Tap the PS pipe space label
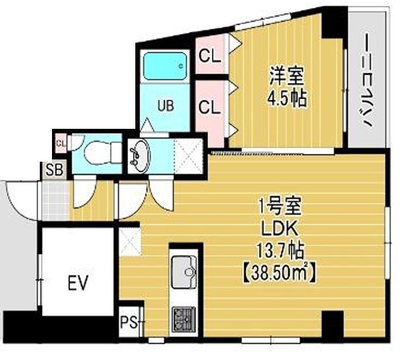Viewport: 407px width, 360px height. [x=127, y=321]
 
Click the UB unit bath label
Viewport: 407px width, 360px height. [x=165, y=105]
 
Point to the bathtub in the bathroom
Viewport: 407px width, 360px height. [x=165, y=66]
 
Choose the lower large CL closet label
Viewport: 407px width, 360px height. [x=210, y=108]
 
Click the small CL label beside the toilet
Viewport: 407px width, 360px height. [x=60, y=143]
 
